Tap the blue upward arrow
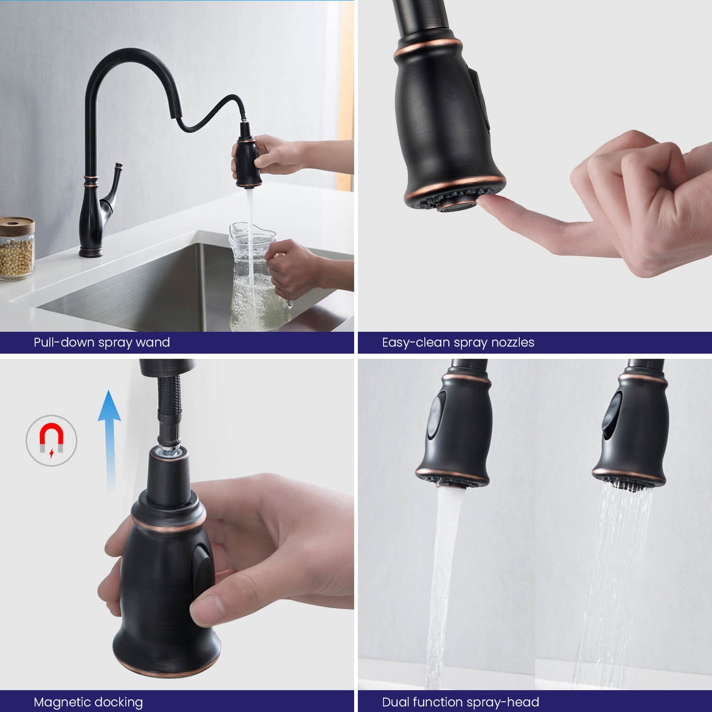[109, 440]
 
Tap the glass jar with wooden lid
[17, 248]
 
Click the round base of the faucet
[91, 253]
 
